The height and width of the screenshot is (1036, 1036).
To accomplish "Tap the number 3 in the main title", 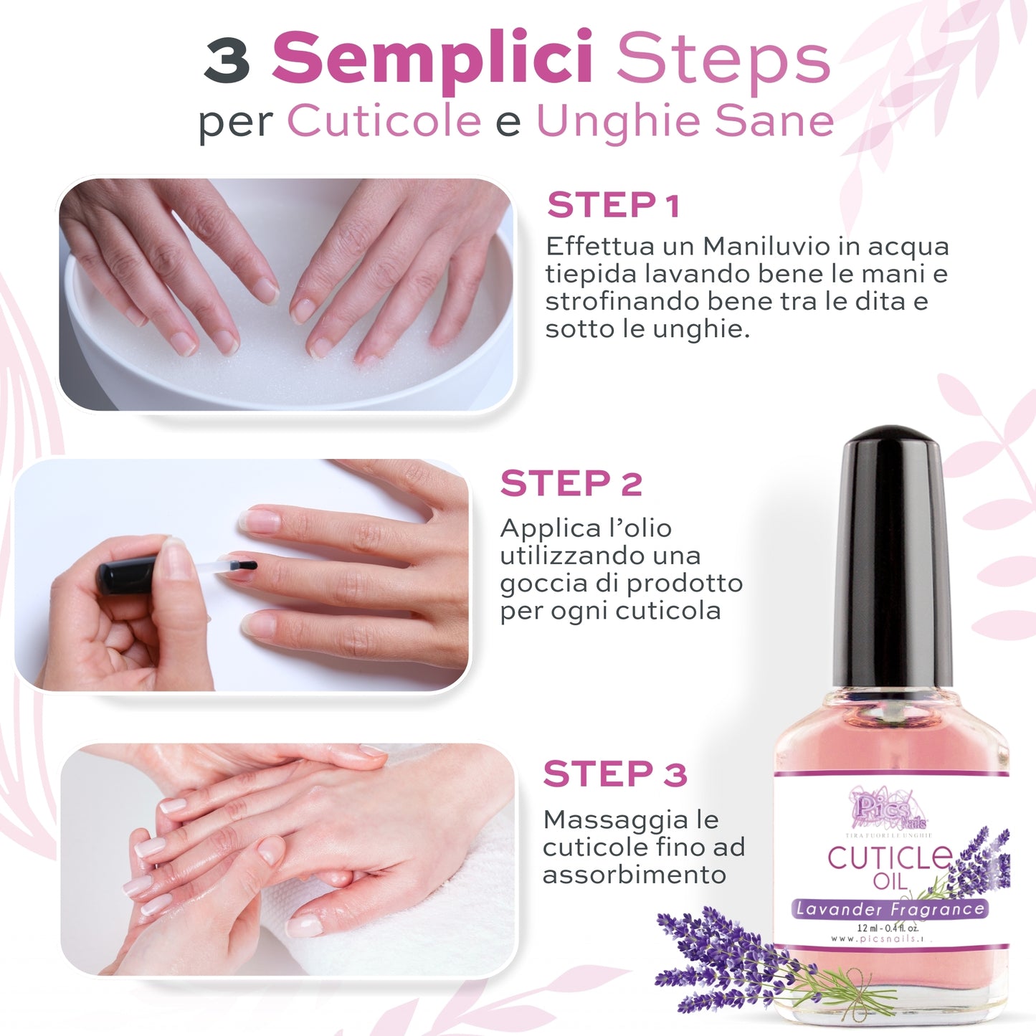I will [x=227, y=60].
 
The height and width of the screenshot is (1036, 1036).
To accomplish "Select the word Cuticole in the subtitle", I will [x=384, y=120].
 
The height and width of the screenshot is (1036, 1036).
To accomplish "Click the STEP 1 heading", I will [x=613, y=206].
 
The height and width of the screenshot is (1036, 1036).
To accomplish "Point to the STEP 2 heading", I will [x=571, y=484].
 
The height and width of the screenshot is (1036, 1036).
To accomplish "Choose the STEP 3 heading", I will [x=614, y=774].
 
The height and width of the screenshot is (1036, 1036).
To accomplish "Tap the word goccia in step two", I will [x=536, y=584].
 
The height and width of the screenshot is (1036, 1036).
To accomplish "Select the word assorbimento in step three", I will [x=634, y=875].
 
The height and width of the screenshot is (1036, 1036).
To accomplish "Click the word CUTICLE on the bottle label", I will [x=889, y=857].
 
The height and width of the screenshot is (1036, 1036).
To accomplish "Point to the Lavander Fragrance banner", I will [x=890, y=909].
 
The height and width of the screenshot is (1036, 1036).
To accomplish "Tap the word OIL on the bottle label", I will [x=890, y=881].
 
